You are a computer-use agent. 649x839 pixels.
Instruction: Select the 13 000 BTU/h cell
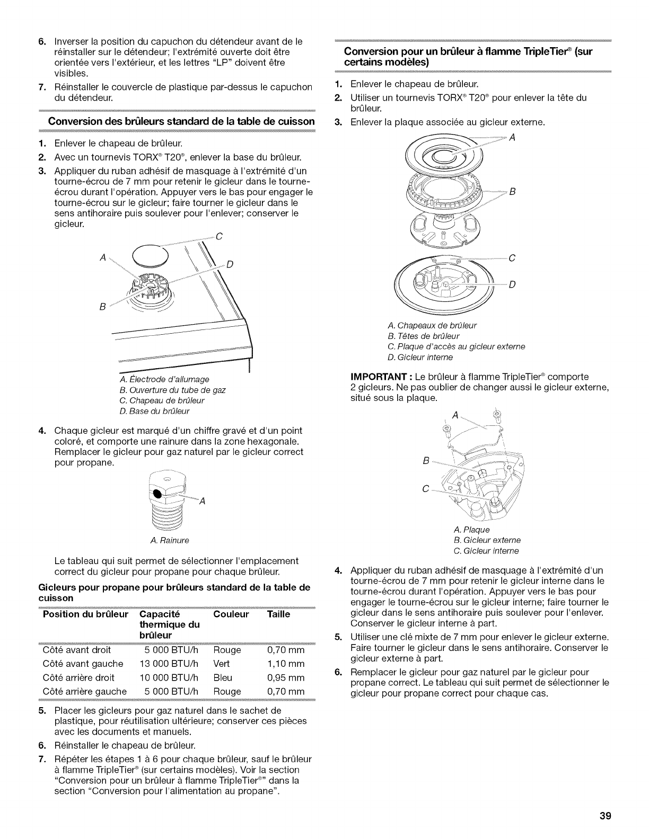point(168,663)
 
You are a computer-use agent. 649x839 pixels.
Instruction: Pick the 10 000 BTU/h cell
point(168,677)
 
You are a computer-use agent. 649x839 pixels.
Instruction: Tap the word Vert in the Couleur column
point(222,663)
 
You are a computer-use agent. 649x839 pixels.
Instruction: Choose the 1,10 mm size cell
point(286,663)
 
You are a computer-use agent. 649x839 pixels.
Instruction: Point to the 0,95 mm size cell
point(286,677)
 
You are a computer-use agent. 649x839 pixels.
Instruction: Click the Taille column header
point(279,614)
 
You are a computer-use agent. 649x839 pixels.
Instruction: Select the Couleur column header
point(231,614)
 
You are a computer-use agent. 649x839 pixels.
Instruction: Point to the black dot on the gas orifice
point(157,494)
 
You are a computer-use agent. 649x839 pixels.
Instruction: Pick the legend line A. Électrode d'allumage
point(165,379)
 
